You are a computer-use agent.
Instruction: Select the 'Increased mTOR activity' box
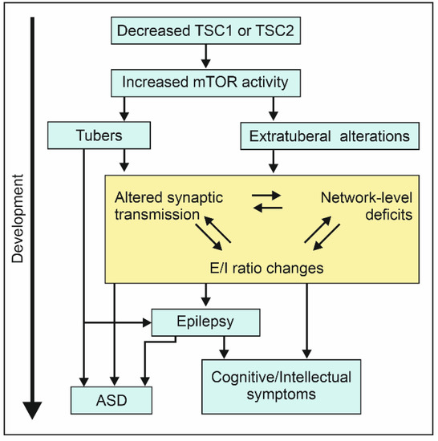[206, 81]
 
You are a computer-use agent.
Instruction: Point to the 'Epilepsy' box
[207, 322]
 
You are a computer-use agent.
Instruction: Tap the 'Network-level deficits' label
[365, 206]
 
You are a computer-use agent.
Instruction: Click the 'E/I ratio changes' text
[273, 269]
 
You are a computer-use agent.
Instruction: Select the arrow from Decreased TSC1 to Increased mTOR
[206, 56]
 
